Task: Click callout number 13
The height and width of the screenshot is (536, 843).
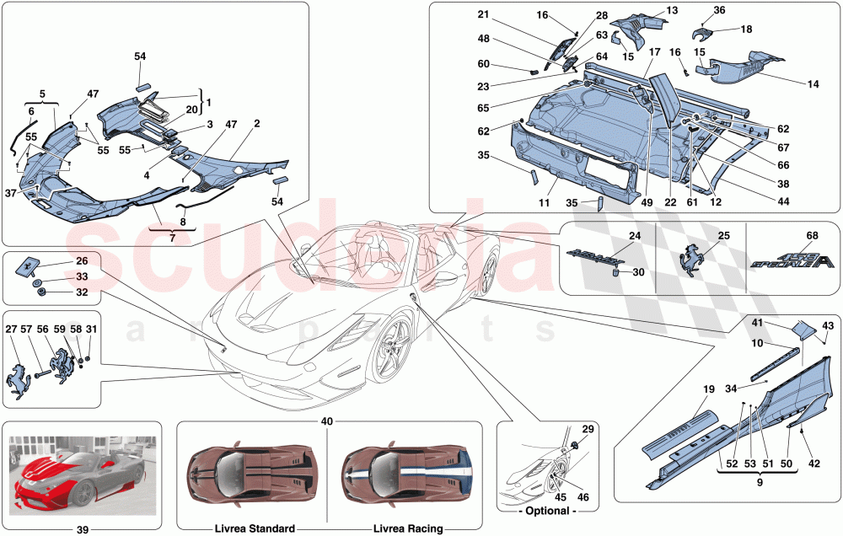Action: (x=672, y=11)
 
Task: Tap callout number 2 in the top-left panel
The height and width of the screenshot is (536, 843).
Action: (x=255, y=123)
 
